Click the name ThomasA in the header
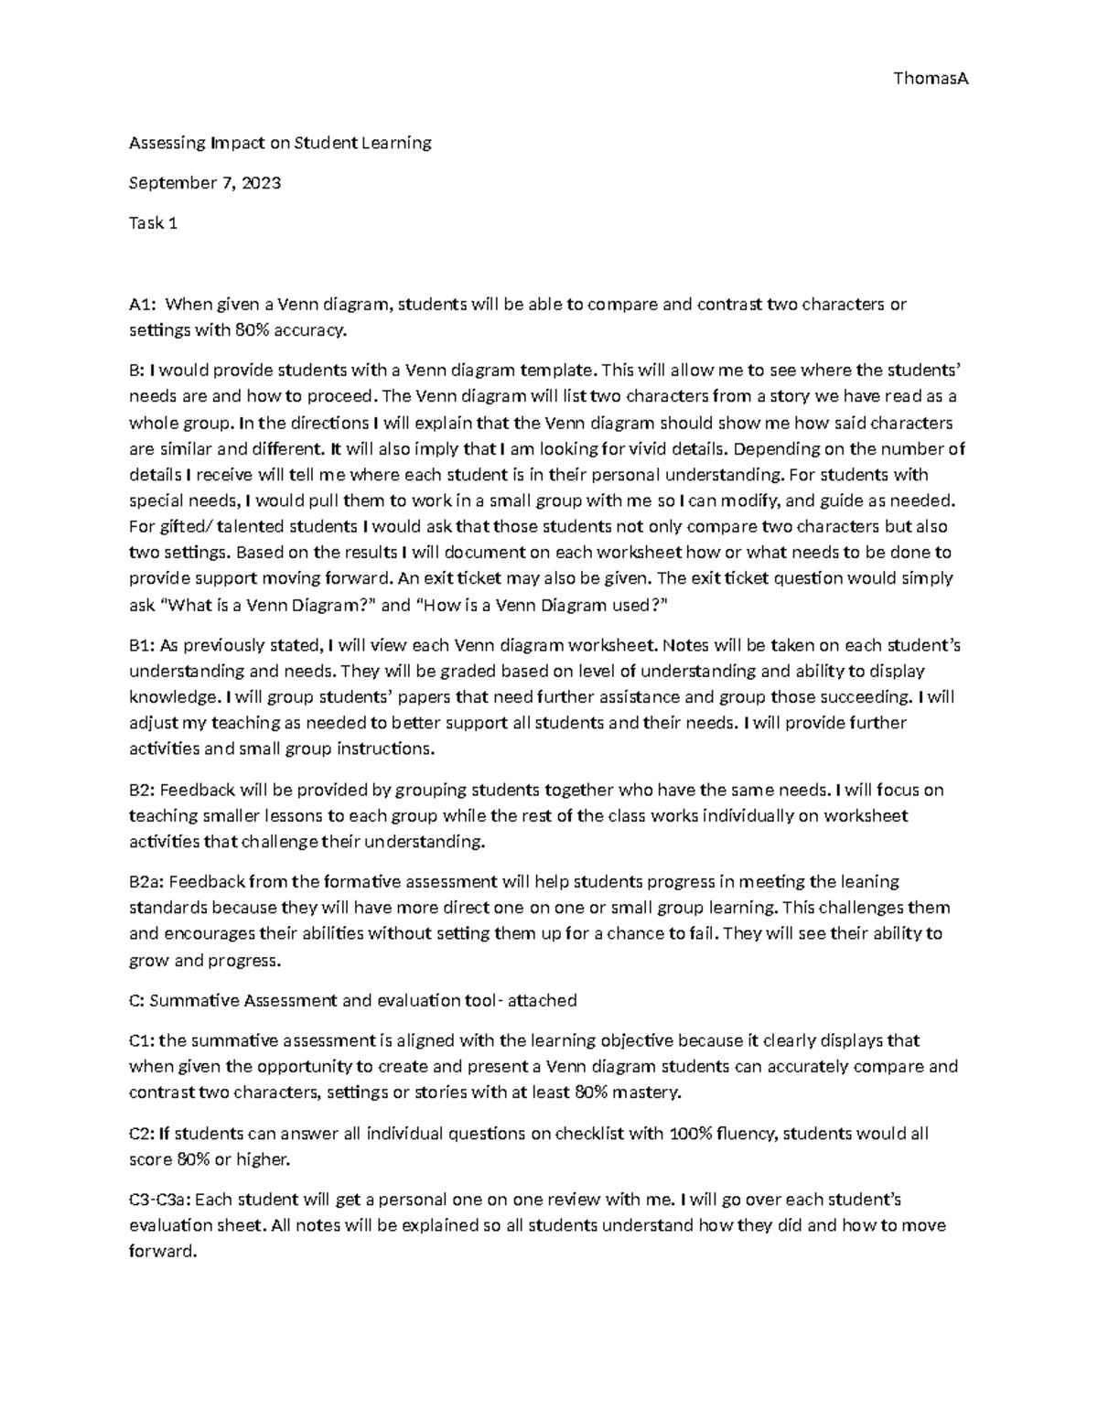(930, 79)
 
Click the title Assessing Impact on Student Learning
(279, 143)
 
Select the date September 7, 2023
(204, 183)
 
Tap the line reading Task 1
(153, 222)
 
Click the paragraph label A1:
(143, 305)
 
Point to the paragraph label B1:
(142, 646)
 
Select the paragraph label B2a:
(146, 882)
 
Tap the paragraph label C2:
(142, 1135)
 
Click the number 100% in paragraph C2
(691, 1135)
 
